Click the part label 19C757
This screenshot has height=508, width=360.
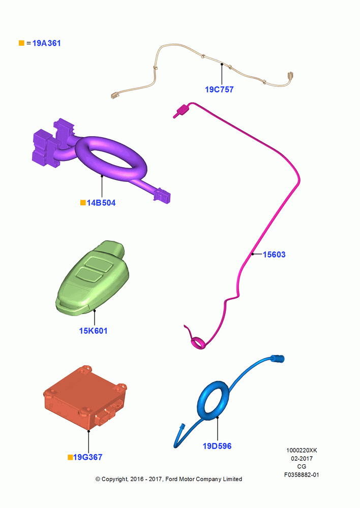(x=219, y=89)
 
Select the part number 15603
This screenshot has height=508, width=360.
(x=274, y=255)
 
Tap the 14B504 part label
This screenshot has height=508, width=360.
(x=101, y=203)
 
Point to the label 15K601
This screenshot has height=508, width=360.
(x=94, y=331)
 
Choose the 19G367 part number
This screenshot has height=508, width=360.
(x=88, y=457)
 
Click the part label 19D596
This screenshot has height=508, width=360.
(x=217, y=446)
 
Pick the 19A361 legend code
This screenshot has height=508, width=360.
(x=46, y=43)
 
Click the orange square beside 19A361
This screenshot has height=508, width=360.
(x=21, y=43)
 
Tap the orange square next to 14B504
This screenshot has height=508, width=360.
(x=83, y=203)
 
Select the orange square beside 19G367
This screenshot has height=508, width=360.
(x=70, y=457)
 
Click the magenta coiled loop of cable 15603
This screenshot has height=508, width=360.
(x=198, y=343)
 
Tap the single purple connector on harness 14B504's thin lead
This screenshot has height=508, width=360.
(x=162, y=196)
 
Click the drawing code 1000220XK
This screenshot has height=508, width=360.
(x=302, y=450)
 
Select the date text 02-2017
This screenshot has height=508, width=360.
(x=302, y=458)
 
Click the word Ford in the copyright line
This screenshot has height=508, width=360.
(x=171, y=479)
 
